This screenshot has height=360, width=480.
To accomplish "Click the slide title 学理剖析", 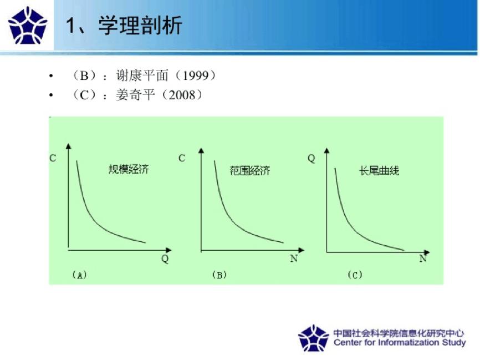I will pyautogui.click(x=140, y=26).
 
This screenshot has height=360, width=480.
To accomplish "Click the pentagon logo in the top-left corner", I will pyautogui.click(x=28, y=26).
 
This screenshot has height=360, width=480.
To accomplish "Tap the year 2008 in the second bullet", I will pyautogui.click(x=182, y=95).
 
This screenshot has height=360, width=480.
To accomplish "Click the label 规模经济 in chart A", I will pyautogui.click(x=129, y=169).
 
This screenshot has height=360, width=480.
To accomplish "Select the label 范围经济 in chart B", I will pyautogui.click(x=249, y=171).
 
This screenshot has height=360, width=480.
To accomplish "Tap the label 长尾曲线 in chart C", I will pyautogui.click(x=379, y=171).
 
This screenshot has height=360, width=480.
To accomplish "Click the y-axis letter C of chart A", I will pyautogui.click(x=53, y=158).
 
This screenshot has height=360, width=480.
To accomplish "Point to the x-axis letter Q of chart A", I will pyautogui.click(x=165, y=258).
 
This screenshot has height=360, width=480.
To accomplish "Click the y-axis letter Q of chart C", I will pyautogui.click(x=311, y=159).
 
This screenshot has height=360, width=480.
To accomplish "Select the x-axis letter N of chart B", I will pyautogui.click(x=294, y=258).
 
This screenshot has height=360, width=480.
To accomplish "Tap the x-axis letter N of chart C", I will pyautogui.click(x=423, y=258).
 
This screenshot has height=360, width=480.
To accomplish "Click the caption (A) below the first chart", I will pyautogui.click(x=79, y=275).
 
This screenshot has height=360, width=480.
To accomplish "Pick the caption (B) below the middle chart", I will pyautogui.click(x=219, y=275).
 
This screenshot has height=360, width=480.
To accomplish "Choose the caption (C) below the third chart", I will pyautogui.click(x=355, y=275).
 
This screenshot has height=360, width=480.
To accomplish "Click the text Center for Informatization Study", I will pyautogui.click(x=399, y=343).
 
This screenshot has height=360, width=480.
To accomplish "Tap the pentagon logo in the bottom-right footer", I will pyautogui.click(x=313, y=338).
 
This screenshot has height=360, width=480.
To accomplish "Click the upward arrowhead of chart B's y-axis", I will pyautogui.click(x=200, y=148).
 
